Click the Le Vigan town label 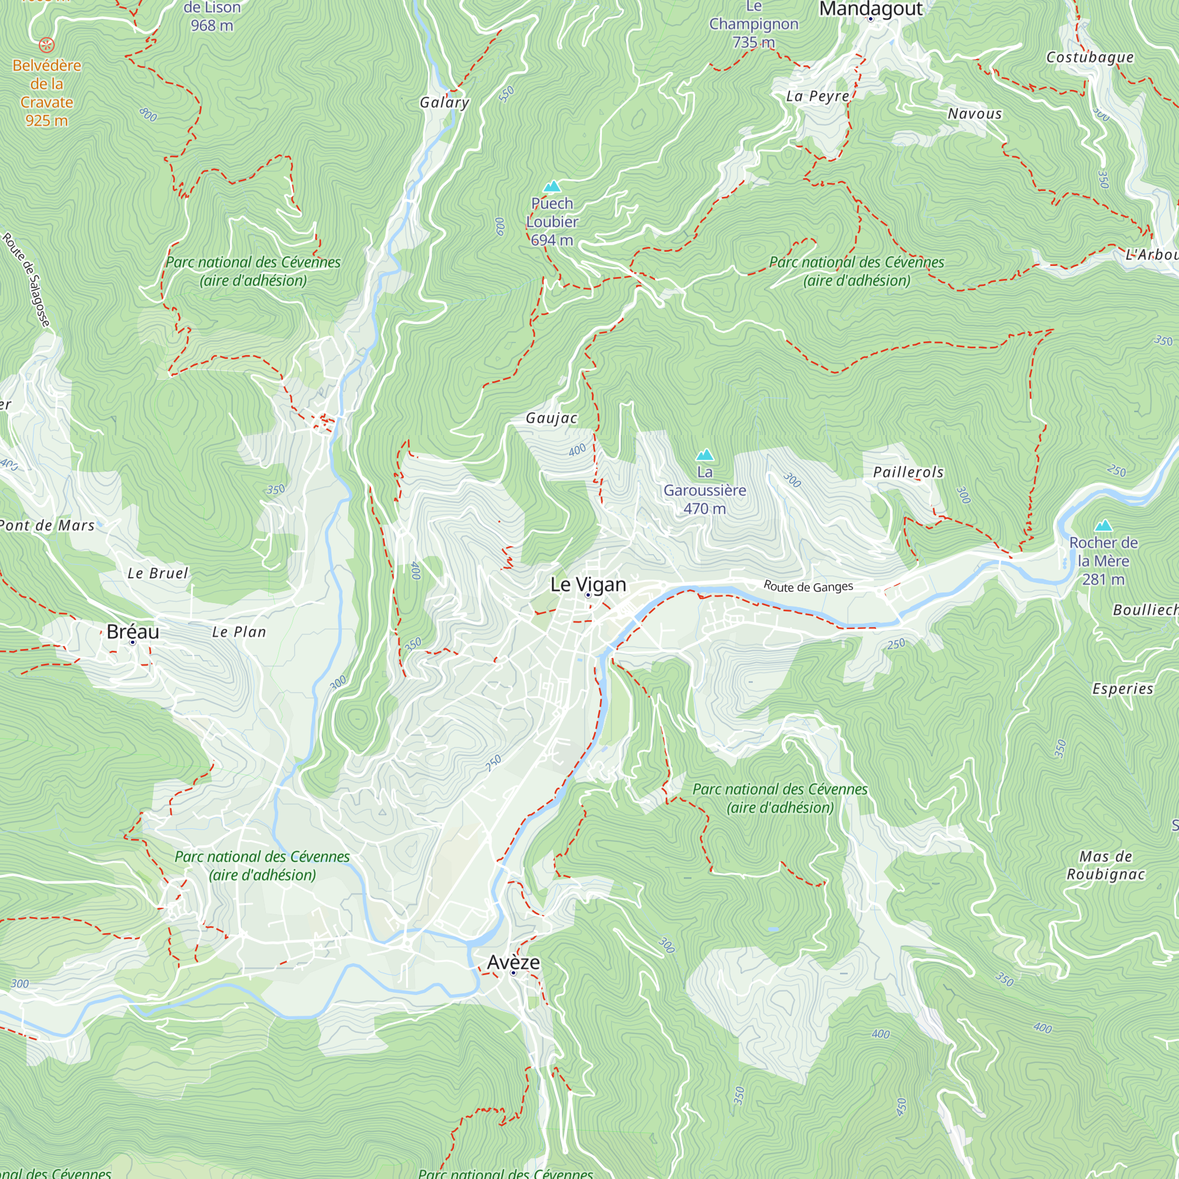(588, 585)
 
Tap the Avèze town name (513, 963)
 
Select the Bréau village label (133, 631)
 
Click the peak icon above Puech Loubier (552, 186)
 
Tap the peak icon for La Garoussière (705, 455)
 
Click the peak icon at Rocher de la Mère (1103, 525)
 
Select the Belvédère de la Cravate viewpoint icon (47, 45)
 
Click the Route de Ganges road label (808, 587)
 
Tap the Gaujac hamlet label (552, 418)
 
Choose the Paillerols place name (908, 472)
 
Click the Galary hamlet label (444, 103)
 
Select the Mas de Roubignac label (1106, 865)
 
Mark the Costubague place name (1090, 57)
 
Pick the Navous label (974, 114)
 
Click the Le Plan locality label (239, 631)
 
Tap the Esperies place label (1123, 689)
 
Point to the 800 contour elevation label (148, 114)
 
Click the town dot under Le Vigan (588, 595)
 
